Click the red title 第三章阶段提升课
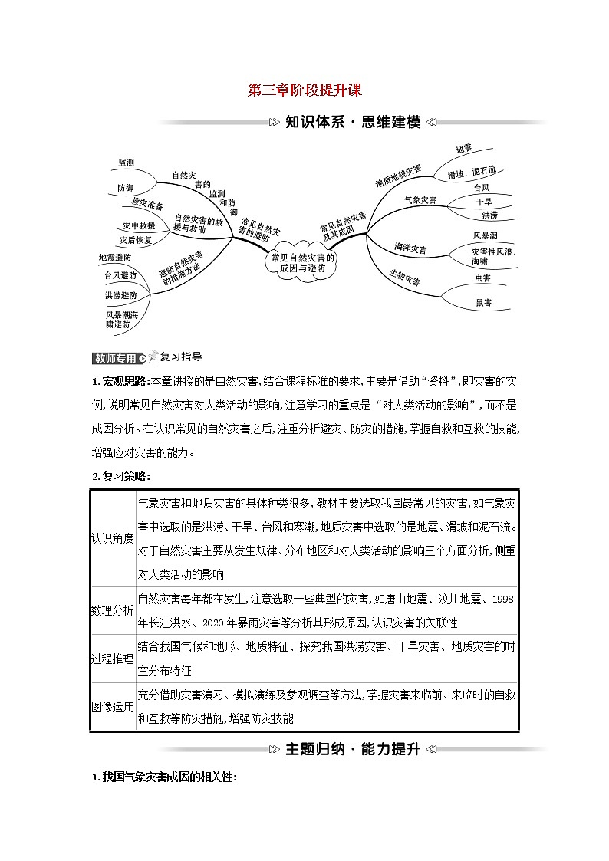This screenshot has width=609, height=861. (304, 90)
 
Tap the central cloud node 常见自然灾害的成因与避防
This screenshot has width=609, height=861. (304, 263)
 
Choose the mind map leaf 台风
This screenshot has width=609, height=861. (482, 188)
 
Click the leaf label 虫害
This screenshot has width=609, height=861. (482, 278)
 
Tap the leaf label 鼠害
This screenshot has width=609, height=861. (483, 303)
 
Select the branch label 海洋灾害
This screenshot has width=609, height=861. (410, 248)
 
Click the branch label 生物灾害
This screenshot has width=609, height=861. (404, 278)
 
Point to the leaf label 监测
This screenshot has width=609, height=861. (127, 163)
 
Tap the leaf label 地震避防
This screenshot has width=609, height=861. (115, 258)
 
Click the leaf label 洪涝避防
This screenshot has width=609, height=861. (121, 295)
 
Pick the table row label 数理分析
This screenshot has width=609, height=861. (112, 611)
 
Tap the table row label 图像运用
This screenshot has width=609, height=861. (112, 707)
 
